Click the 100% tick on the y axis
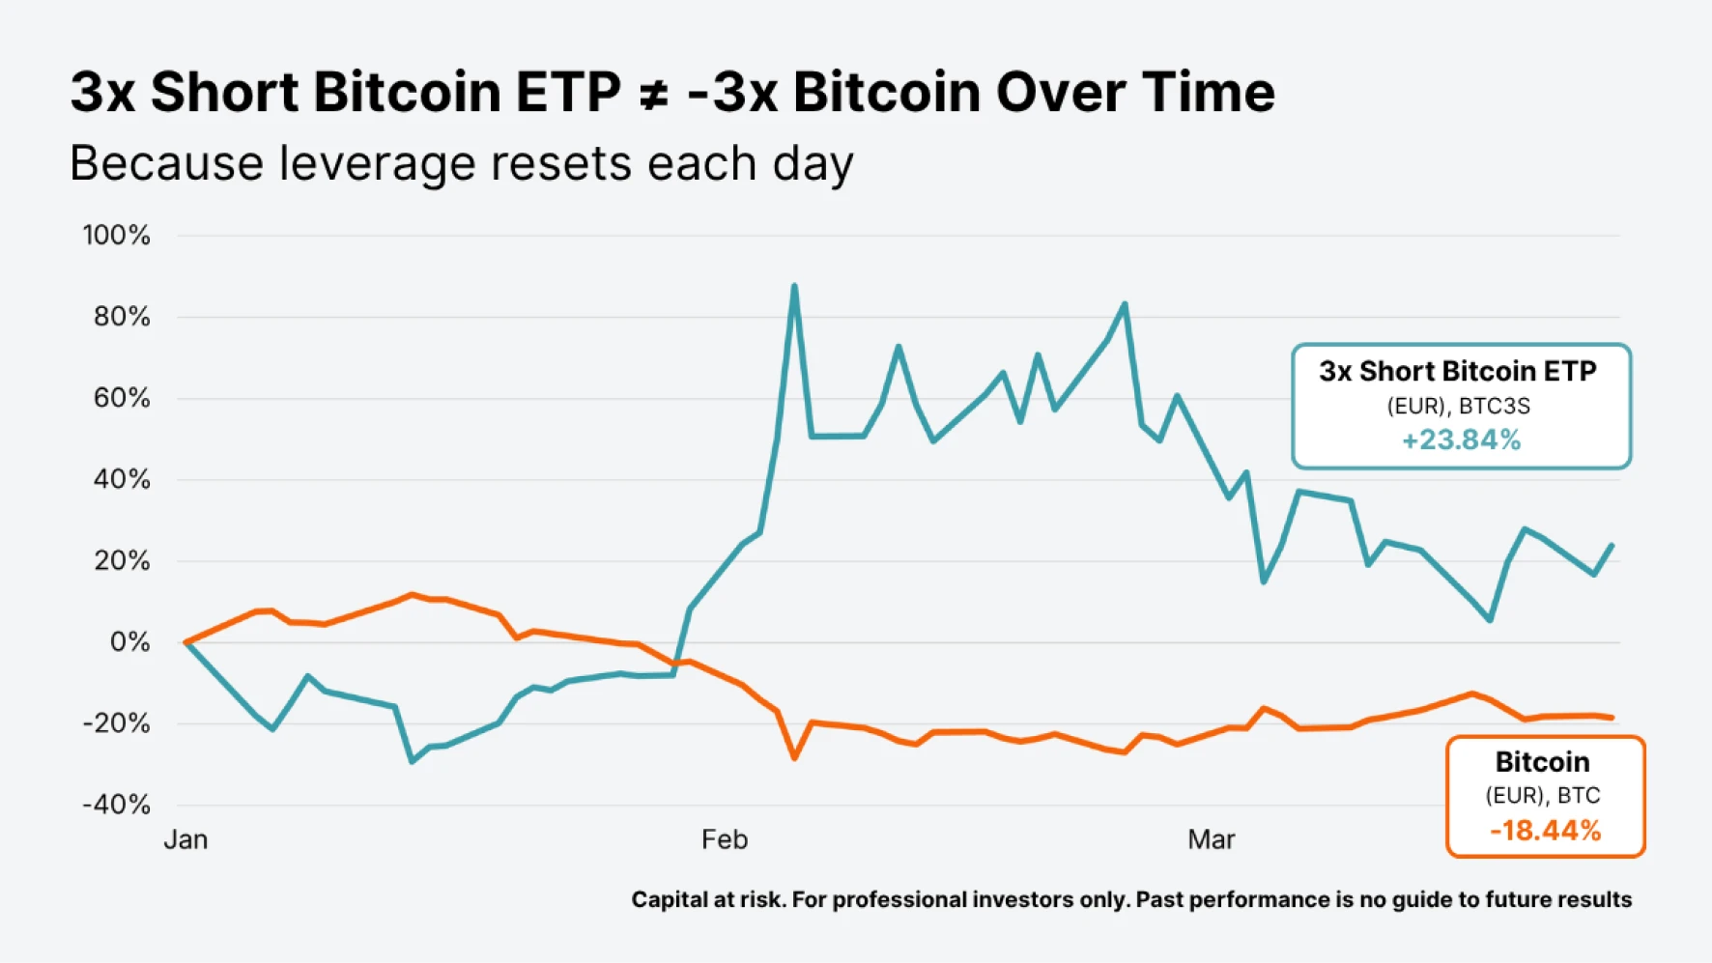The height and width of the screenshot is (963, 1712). [x=116, y=235]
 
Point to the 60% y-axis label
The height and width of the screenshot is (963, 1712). [x=122, y=398]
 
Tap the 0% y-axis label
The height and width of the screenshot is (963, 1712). [x=129, y=642]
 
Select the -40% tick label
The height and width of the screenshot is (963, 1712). [x=116, y=805]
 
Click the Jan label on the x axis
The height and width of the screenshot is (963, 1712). [x=185, y=839]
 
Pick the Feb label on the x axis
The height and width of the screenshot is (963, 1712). [x=725, y=839]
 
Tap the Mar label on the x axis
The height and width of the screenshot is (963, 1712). [x=1211, y=839]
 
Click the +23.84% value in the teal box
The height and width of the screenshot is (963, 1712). [x=1461, y=440]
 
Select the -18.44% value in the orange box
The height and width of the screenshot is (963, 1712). [x=1545, y=831]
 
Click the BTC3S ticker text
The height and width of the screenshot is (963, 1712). [x=1495, y=406]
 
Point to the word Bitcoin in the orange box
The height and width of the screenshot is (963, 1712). [x=1542, y=762]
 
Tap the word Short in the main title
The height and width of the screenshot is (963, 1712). [x=225, y=93]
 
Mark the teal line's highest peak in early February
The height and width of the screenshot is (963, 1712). [x=794, y=286]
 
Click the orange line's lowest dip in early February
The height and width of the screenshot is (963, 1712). [x=795, y=758]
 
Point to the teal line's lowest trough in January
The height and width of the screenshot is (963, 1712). [x=413, y=762]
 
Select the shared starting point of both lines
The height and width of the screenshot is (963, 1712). [x=185, y=642]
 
